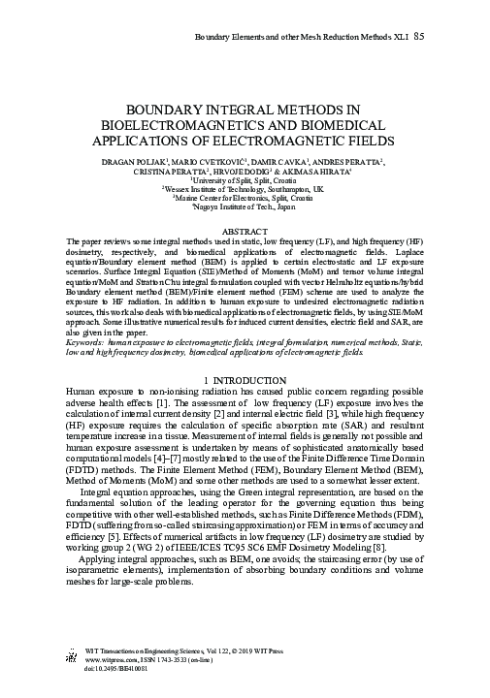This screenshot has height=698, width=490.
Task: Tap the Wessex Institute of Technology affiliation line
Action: pyautogui.click(x=245, y=189)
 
